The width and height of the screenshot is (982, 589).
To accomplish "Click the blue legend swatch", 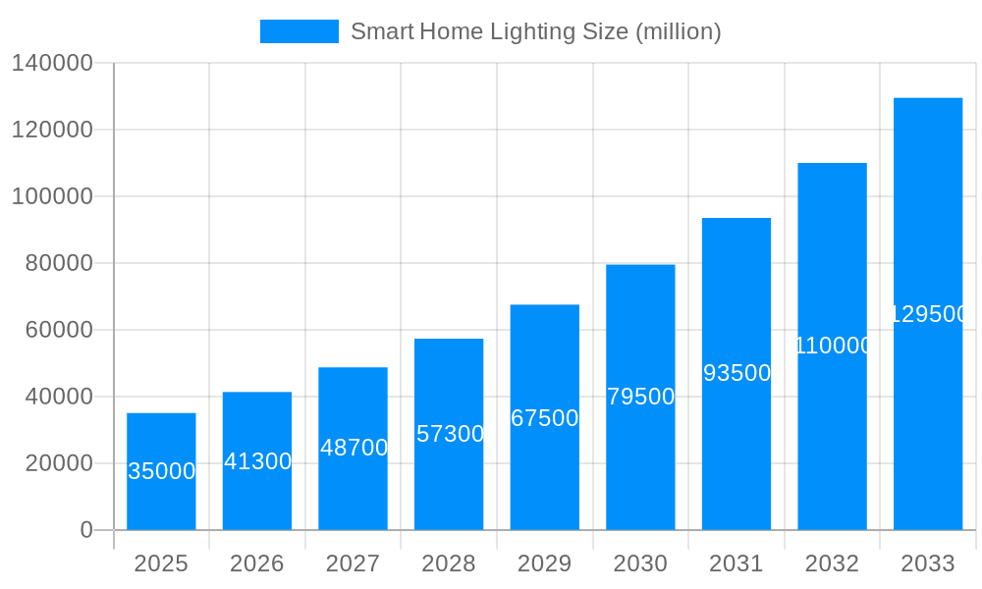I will click(x=299, y=31).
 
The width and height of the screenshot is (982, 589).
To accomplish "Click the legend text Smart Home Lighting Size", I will click(x=535, y=31).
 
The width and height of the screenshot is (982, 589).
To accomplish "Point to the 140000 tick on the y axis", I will click(x=52, y=63).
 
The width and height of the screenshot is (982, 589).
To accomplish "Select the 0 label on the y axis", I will click(x=85, y=530).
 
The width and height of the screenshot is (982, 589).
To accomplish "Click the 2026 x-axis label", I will click(x=257, y=563).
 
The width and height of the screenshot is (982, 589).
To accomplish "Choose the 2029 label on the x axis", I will click(x=545, y=563).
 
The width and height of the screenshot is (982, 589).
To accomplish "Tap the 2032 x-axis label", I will click(x=832, y=563).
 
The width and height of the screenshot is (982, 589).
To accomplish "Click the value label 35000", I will click(x=162, y=471).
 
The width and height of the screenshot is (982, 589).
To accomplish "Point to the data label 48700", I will click(x=354, y=448).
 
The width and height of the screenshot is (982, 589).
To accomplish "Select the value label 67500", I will click(x=545, y=418).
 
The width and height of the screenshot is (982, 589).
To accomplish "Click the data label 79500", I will click(x=640, y=397).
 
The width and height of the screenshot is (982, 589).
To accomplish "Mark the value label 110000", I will click(x=833, y=346).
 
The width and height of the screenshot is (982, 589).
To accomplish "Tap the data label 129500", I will click(x=929, y=314).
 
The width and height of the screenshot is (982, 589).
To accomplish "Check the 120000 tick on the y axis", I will click(x=52, y=130).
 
